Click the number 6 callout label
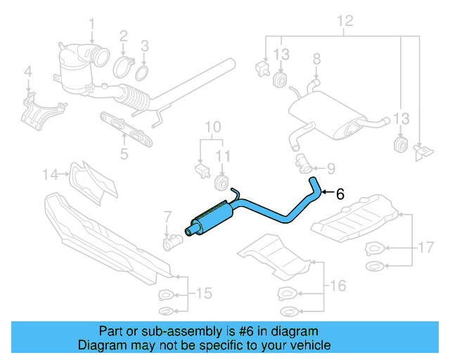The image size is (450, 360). [x=340, y=194]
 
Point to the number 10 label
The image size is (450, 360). [x=212, y=127]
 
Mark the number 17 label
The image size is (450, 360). [x=424, y=247]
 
